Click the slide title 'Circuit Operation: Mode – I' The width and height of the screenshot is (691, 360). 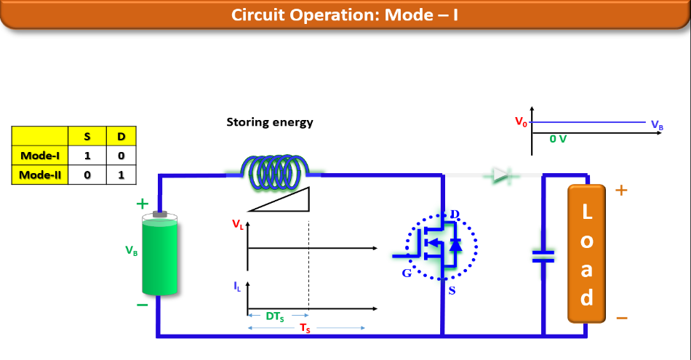pos(345,15)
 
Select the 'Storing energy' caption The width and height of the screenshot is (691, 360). pos(270,122)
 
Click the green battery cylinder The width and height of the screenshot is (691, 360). pos(159,254)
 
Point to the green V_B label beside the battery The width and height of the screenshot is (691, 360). pos(132,251)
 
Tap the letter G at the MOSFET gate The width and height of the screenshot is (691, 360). pos(406,273)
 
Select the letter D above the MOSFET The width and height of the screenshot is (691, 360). pos(455,214)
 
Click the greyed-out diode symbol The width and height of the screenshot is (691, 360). pos(501,175)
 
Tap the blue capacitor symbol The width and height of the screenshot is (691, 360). pos(543,255)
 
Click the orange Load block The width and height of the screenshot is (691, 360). pos(586,253)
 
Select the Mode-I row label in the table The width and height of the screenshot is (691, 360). pos(40,155)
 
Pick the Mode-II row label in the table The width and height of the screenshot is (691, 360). pos(40,175)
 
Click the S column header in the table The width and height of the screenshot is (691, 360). pos(87,136)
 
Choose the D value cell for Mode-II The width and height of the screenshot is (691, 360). pos(121,175)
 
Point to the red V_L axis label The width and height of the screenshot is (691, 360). pos(239,225)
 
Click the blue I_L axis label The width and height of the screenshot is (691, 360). pos(238,287)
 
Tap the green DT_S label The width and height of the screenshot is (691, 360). pos(276,316)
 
